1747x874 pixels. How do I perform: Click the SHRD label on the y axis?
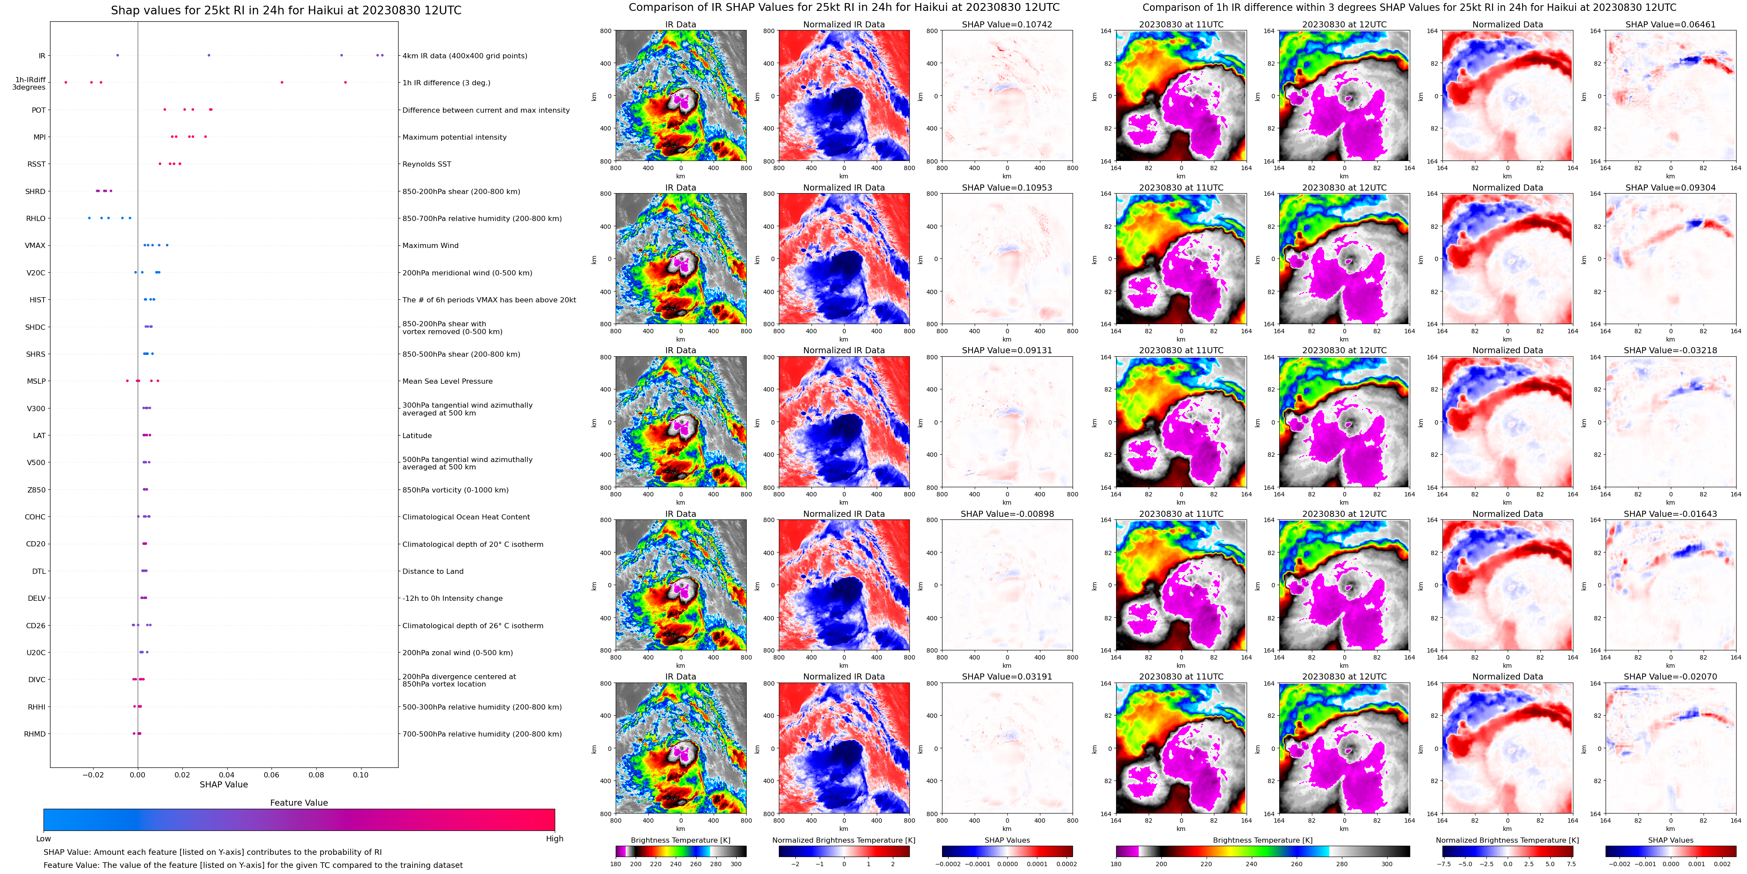35,192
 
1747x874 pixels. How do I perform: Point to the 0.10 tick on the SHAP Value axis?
361,775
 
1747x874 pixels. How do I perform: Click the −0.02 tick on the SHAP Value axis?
93,775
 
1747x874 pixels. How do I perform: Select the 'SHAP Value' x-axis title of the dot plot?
223,784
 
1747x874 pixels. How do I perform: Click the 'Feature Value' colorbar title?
298,803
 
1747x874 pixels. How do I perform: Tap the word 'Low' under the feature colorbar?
44,839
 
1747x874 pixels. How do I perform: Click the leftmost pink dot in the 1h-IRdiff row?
66,83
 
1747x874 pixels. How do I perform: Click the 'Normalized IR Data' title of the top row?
844,24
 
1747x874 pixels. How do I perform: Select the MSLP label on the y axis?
36,382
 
